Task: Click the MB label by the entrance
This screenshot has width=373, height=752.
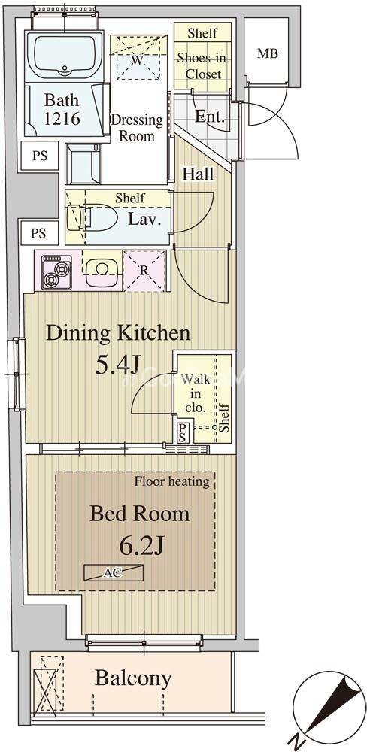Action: tap(268, 53)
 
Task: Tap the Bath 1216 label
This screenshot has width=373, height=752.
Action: tap(62, 109)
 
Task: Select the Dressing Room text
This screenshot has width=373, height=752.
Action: tap(137, 128)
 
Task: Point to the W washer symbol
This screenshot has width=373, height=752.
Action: tap(138, 60)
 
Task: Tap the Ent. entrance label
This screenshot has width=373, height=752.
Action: tap(210, 117)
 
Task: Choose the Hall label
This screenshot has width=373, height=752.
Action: tap(198, 174)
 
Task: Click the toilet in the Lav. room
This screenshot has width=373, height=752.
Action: tap(93, 218)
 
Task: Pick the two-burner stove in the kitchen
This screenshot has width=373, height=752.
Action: tap(56, 272)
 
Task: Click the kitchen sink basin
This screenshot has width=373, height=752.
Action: tap(102, 270)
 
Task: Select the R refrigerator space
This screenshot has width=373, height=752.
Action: tap(144, 271)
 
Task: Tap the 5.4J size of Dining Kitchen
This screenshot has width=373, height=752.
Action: tap(118, 365)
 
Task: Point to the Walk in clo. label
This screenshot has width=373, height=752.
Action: tap(196, 394)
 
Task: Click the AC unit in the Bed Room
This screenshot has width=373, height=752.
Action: tap(114, 572)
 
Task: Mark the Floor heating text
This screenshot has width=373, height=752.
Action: tap(171, 481)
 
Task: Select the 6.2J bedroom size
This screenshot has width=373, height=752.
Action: tap(142, 546)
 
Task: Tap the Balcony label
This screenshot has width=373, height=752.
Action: tap(133, 678)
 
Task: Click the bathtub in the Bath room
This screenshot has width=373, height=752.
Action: tap(64, 55)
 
